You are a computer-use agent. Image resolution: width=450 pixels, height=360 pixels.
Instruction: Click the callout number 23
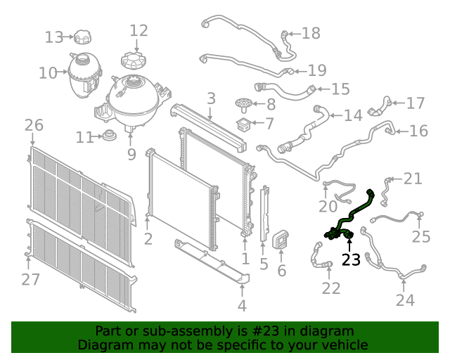[351, 260]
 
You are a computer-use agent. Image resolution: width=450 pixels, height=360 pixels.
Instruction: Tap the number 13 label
[54, 37]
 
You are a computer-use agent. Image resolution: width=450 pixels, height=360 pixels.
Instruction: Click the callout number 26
[34, 126]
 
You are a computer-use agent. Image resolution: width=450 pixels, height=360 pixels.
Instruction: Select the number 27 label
[30, 279]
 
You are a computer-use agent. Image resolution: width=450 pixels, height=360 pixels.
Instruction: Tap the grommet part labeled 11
[109, 136]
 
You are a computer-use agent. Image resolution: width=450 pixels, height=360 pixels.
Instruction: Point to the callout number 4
[242, 306]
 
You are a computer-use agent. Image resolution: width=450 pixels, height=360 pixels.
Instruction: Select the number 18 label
[310, 33]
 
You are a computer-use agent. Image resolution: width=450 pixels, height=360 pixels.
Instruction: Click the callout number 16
[418, 131]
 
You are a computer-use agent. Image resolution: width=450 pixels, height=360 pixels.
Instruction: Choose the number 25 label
[420, 237]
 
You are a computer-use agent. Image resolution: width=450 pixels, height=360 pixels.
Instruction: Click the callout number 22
[331, 288]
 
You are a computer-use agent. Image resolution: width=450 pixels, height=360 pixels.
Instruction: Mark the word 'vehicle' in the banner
[345, 345]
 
